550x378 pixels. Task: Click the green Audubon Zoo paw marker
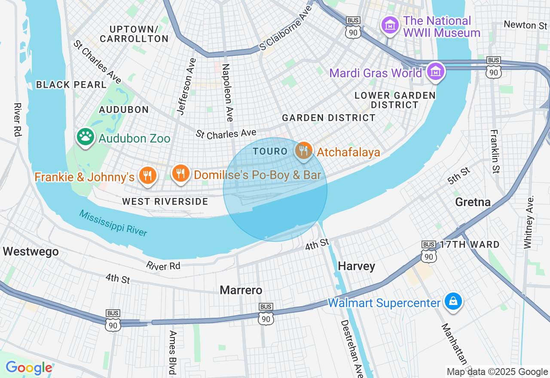click(86, 137)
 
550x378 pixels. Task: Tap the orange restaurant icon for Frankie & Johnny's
click(147, 175)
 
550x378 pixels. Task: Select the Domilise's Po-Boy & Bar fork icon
click(180, 173)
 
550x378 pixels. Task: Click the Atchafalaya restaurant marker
click(304, 150)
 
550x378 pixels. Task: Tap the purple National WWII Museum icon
click(390, 25)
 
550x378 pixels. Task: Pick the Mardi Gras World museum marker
click(436, 72)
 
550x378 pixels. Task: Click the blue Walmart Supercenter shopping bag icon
click(453, 301)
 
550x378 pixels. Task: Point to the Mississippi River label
click(113, 223)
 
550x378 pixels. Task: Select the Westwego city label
click(31, 252)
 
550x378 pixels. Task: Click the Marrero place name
click(241, 290)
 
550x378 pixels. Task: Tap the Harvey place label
click(356, 266)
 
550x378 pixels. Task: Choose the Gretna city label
click(473, 202)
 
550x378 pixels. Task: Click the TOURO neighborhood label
click(270, 151)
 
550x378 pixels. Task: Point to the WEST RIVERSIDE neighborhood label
click(165, 201)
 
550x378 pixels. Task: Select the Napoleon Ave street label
click(228, 92)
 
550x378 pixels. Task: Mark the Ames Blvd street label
click(173, 352)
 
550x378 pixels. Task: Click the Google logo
click(29, 368)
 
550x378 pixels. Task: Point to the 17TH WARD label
click(470, 245)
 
